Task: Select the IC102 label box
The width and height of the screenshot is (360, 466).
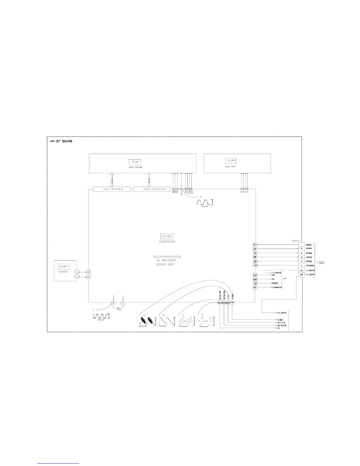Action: [231, 161]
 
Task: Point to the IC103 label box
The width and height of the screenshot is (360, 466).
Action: [63, 267]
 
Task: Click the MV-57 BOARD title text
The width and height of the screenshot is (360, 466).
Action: [61, 141]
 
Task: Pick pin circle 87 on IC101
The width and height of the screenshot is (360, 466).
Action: [255, 245]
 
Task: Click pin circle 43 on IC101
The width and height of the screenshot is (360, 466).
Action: [255, 265]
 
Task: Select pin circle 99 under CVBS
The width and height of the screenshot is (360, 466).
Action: [232, 302]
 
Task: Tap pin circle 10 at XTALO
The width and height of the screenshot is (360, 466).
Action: [113, 303]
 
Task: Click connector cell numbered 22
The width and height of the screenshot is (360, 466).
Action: [301, 274]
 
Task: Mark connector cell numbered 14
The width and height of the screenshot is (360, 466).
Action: [301, 270]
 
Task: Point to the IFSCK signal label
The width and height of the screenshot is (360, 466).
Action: [309, 249]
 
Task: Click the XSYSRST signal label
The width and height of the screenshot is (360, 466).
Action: [310, 266]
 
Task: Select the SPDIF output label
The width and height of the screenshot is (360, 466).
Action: [275, 283]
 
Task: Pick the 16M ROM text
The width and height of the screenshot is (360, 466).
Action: [231, 167]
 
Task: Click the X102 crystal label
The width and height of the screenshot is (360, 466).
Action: [119, 309]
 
